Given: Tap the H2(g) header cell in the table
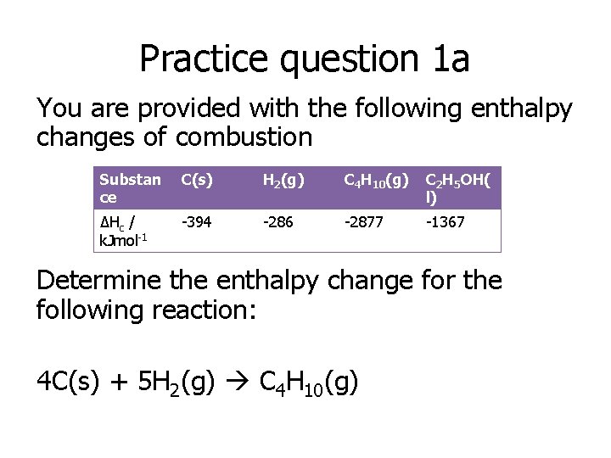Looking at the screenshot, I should [282, 179].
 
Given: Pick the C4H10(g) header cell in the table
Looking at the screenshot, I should [376, 180].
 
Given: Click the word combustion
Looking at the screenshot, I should [244, 136].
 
